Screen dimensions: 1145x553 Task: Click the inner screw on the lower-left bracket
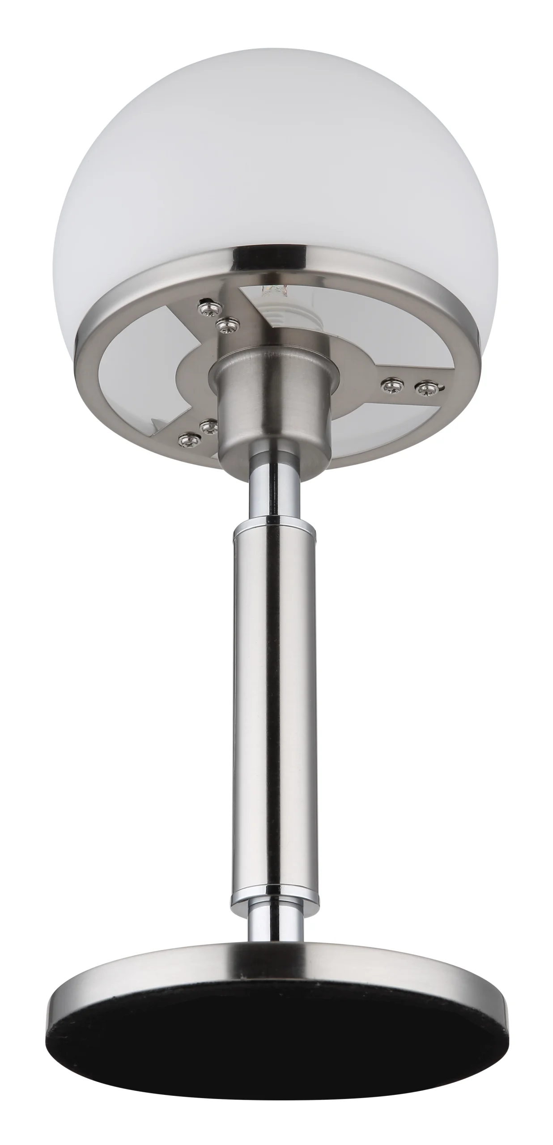[208, 426]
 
